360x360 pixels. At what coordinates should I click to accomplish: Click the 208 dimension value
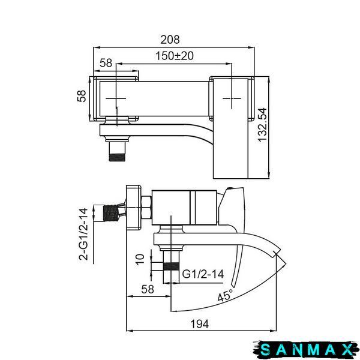click(x=170, y=40)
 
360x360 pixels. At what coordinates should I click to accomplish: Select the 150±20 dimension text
click(x=175, y=56)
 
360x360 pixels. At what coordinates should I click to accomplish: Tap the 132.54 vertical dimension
click(x=262, y=125)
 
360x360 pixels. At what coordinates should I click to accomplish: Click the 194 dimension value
click(x=200, y=324)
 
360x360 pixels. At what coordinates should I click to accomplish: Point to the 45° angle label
click(x=226, y=295)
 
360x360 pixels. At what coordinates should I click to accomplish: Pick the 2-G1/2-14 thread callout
click(x=83, y=234)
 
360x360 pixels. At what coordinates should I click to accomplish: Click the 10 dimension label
click(x=140, y=260)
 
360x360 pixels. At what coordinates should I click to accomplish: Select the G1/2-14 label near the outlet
click(x=203, y=274)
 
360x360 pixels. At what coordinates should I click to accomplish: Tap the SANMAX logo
click(x=306, y=350)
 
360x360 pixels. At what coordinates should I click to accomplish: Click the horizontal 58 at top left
click(x=106, y=63)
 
